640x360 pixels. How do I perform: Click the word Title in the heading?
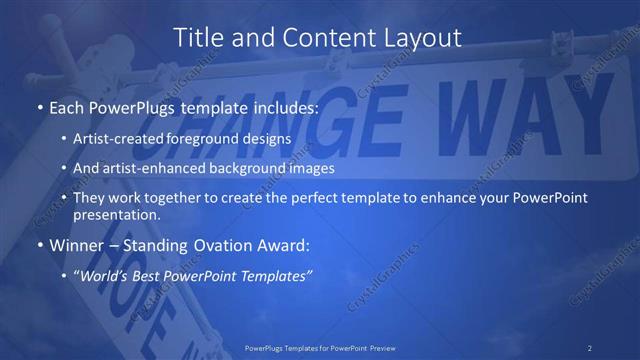point(200,38)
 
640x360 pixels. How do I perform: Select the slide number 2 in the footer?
point(590,347)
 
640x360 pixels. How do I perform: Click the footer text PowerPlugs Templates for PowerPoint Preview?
point(320,347)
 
